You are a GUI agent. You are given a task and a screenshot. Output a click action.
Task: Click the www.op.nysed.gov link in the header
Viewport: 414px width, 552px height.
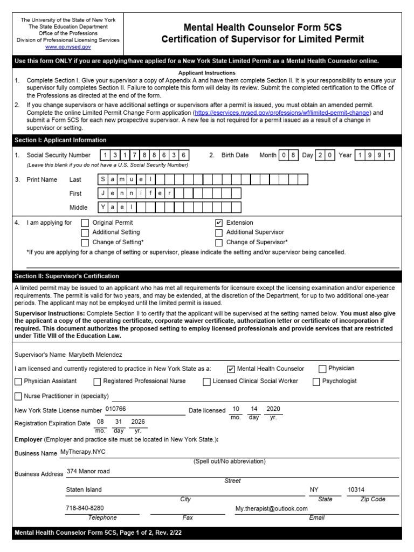coord(68,47)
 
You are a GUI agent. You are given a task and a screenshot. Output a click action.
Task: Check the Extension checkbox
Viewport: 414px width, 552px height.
coord(219,223)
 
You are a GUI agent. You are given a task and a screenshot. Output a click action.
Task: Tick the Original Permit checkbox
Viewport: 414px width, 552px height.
coord(85,223)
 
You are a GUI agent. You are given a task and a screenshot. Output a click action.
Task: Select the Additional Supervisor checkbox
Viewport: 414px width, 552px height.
coord(219,232)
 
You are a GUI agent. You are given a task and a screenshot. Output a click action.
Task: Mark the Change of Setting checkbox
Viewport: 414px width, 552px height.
coord(85,243)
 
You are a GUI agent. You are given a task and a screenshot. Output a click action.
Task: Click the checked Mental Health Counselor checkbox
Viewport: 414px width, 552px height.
coord(231,369)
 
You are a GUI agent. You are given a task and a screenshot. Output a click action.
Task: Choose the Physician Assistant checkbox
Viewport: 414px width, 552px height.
coord(18,382)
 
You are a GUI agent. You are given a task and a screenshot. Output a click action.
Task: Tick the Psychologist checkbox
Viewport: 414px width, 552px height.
coord(316,382)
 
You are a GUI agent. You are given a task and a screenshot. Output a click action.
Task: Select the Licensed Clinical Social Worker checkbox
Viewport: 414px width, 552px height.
coord(207,382)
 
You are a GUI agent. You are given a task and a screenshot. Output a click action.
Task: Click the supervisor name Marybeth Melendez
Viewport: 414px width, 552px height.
coord(95,355)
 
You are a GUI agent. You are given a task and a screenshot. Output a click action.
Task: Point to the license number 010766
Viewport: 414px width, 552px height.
coord(115,409)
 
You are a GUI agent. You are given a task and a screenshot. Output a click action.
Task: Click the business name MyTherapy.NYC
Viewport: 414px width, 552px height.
coord(83,452)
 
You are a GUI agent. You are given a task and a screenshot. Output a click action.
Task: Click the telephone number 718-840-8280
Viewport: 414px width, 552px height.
coord(85,508)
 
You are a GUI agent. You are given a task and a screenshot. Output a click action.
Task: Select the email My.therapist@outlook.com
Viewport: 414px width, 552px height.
coord(271,508)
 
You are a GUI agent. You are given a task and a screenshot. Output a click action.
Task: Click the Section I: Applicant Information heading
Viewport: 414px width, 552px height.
coord(60,140)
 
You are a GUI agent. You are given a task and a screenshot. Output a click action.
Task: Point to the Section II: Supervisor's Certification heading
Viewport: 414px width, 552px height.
coord(67,276)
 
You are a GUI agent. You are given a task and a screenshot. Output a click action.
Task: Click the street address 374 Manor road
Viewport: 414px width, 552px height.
coord(88,471)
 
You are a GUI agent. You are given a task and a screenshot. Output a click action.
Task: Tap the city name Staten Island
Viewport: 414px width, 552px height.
coord(84,489)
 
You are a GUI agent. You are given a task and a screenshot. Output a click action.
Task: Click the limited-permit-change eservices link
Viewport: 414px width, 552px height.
coord(282,113)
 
